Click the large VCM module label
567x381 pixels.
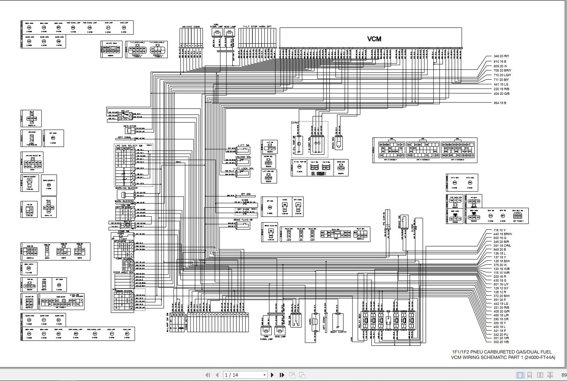(374, 39)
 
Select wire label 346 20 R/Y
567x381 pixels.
(501, 56)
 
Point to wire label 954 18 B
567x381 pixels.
(500, 103)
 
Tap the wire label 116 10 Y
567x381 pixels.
(499, 231)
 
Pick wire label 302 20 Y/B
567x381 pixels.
(501, 342)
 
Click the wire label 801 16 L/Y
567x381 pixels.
(501, 284)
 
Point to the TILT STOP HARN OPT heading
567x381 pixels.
(257, 27)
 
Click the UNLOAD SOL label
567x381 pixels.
(243, 157)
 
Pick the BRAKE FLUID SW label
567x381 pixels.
(243, 219)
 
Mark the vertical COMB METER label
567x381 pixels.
(187, 322)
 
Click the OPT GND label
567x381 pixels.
(245, 194)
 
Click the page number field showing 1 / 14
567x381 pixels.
(245, 375)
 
